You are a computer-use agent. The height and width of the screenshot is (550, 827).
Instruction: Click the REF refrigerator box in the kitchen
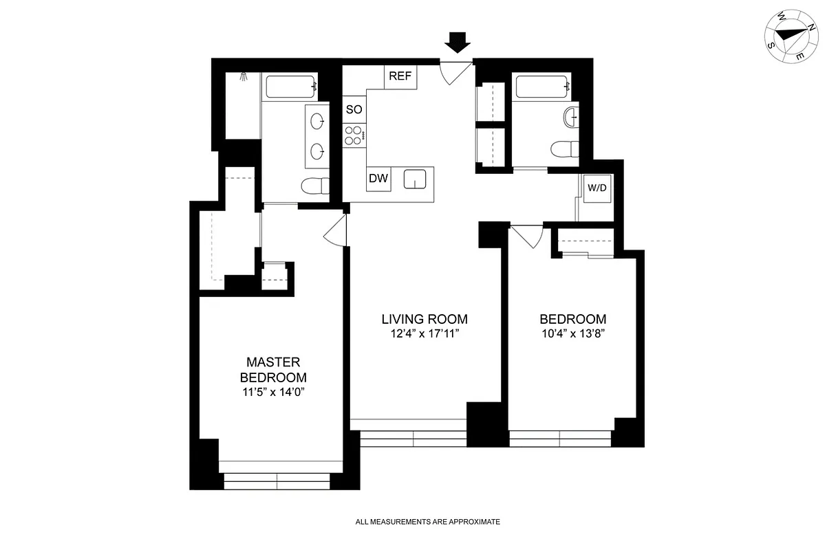[400, 76]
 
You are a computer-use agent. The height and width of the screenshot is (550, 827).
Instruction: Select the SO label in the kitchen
[354, 109]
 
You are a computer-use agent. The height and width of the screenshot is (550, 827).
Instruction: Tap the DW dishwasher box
[378, 179]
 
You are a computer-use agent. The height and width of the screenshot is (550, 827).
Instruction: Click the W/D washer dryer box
[597, 188]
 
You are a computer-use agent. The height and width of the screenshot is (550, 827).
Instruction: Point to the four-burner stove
[354, 134]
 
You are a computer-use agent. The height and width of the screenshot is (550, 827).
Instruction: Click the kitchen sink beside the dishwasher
[415, 179]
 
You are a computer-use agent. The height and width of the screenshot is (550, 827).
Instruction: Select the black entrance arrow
[457, 43]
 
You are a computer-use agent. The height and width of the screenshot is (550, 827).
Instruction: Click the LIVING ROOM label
[425, 319]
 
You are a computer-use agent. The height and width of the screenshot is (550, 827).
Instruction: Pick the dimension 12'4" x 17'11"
[425, 335]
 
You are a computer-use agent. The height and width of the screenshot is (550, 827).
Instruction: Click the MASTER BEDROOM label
[273, 370]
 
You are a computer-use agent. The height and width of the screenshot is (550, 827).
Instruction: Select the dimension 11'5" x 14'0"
[273, 393]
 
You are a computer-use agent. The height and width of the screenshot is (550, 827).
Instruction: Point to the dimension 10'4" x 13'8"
[572, 335]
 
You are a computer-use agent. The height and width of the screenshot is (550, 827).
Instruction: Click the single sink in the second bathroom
[570, 118]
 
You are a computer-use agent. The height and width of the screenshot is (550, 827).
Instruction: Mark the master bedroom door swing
[334, 231]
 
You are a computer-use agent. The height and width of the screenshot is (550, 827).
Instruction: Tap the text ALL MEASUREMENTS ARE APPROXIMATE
[427, 522]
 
